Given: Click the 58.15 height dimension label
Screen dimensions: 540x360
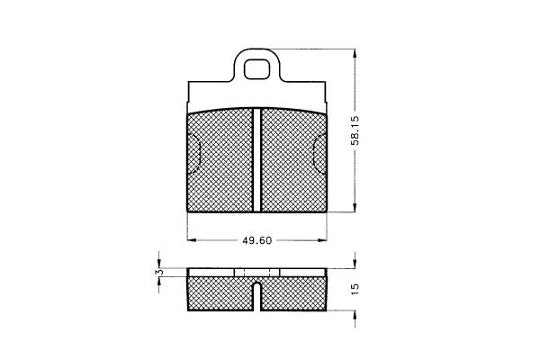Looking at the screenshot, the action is point(355,130).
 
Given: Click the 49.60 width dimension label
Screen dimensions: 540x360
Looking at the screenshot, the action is point(256,240).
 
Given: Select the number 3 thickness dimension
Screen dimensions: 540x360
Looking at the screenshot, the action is point(158,272).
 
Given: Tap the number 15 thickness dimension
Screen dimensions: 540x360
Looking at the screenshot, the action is point(355,289).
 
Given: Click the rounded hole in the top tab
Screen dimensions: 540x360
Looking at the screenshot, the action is point(256,69).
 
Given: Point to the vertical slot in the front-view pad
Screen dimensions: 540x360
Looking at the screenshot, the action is point(256,159).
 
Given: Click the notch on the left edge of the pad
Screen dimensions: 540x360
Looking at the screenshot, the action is point(193,154).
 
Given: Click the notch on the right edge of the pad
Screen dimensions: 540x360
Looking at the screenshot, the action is point(320,154).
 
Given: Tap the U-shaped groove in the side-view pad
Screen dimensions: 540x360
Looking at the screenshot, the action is point(256,296).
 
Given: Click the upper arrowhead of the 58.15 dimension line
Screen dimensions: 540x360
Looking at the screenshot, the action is point(355,54).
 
